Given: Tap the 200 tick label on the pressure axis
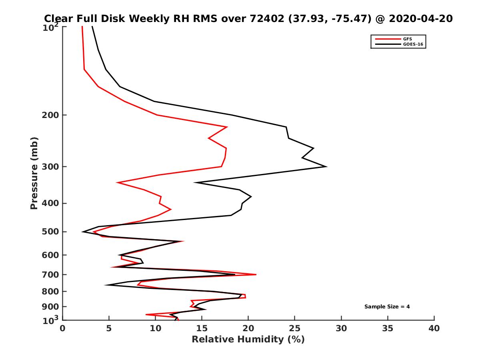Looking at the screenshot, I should coord(49,115).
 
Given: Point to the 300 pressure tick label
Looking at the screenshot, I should coord(49,167).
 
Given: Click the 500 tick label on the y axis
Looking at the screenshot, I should coord(49,232).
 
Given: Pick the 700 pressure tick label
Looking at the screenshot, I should coord(49,275).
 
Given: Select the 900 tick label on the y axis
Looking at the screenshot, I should coord(49,307).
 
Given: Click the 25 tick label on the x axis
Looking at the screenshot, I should coord(295,328).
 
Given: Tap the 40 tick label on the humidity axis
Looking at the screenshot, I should coord(434,328).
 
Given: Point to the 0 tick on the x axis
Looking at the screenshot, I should coord(63,328).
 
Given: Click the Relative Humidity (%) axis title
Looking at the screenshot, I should coord(248,340).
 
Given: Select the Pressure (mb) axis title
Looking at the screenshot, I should coord(34,173).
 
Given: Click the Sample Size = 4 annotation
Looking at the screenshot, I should coord(387,307).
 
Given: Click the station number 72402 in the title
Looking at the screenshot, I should coord(262,18).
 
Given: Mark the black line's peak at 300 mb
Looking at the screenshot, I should coord(327,166).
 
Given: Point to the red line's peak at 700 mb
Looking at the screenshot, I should coord(256,274).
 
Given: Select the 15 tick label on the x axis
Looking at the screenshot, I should coord(202,328).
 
